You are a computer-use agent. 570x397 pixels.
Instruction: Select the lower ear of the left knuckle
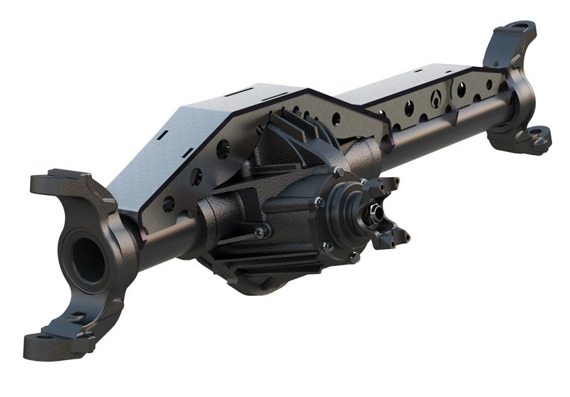53,343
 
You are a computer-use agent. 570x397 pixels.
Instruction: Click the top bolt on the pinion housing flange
339,171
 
